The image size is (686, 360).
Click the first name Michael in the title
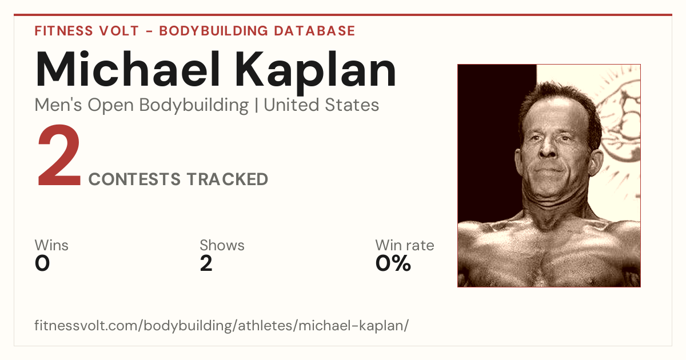(127, 70)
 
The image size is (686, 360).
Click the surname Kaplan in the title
(316, 73)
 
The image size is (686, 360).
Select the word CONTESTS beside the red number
(134, 179)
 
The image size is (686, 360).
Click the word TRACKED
(228, 179)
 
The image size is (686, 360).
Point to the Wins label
(51, 245)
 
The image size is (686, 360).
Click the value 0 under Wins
(42, 263)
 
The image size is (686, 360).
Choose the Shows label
(222, 245)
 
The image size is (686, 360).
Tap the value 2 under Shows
(206, 263)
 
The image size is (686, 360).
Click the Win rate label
(405, 245)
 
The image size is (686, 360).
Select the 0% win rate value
(393, 263)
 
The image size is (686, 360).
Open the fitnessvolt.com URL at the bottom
(221, 325)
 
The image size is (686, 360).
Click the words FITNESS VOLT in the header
(87, 31)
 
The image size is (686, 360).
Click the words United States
(321, 105)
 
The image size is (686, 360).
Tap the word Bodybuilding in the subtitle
(194, 106)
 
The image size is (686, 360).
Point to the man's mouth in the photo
(549, 170)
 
